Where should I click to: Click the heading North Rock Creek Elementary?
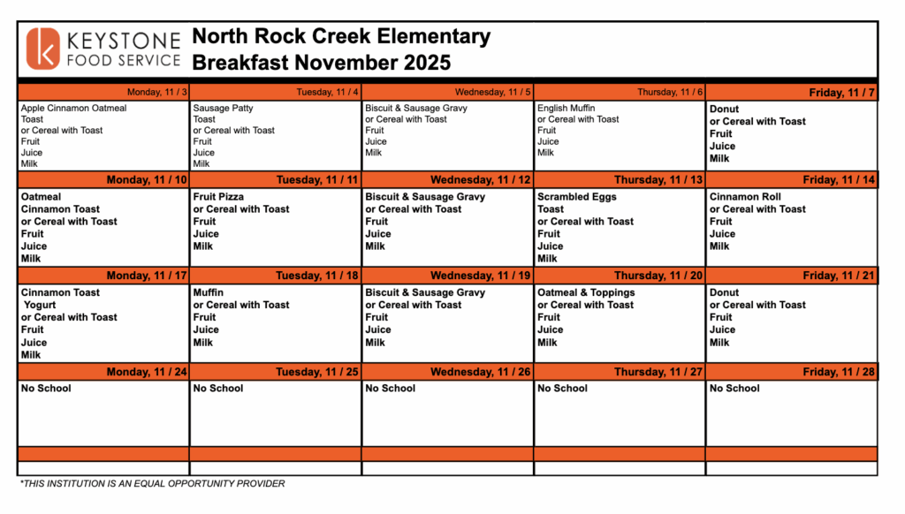click(x=340, y=37)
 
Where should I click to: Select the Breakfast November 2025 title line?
click(x=321, y=63)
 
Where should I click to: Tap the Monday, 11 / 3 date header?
click(x=156, y=92)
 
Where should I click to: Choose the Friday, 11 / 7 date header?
click(x=841, y=93)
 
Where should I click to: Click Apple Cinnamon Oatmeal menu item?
click(x=73, y=109)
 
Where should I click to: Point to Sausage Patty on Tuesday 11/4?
click(x=223, y=109)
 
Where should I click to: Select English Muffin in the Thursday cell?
click(x=566, y=109)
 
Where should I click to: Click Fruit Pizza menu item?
click(x=218, y=197)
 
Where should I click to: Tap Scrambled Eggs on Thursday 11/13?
click(x=576, y=197)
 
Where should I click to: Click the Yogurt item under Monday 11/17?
click(x=40, y=305)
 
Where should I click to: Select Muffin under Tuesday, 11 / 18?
click(x=209, y=292)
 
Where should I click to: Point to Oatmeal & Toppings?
click(x=586, y=292)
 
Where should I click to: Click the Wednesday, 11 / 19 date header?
click(x=481, y=276)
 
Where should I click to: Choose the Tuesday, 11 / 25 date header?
click(x=316, y=372)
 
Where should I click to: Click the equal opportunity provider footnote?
click(x=152, y=483)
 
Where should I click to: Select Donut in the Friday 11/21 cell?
click(x=724, y=292)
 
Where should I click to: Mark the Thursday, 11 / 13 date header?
click(x=658, y=180)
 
